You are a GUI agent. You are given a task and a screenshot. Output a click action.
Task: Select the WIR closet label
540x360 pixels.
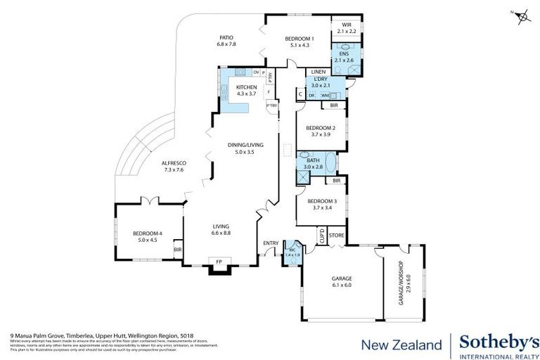(x=347, y=28)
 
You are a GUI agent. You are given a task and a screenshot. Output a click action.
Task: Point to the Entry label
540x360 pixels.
(x=271, y=243)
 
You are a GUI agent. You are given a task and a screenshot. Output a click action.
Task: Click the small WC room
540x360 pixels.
(x=292, y=254)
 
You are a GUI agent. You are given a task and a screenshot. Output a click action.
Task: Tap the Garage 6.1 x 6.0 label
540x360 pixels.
(x=342, y=281)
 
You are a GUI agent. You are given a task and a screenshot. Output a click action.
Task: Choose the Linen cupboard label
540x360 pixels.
(x=318, y=72)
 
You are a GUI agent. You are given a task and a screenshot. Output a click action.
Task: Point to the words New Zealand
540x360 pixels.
(x=401, y=345)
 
